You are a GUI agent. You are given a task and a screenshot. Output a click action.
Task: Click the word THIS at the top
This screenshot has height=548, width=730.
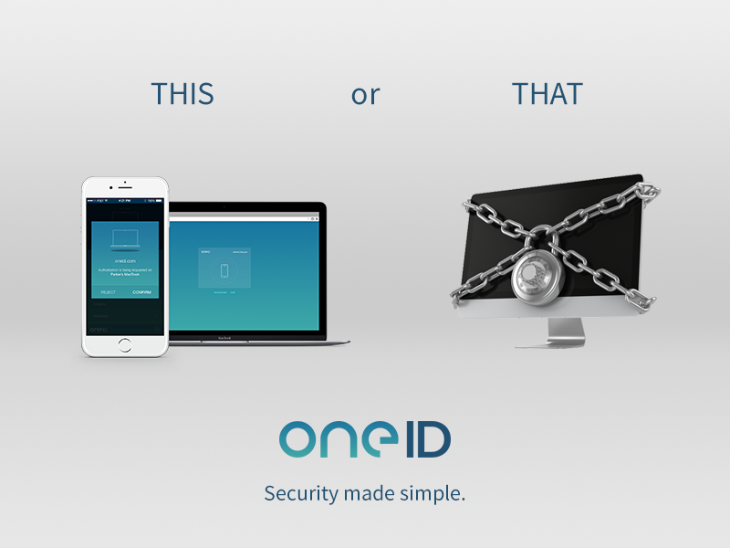(x=182, y=94)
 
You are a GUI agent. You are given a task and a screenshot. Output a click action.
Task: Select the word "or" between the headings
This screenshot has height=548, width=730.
(x=365, y=95)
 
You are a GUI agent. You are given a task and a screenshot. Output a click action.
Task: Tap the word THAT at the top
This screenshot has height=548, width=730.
(x=547, y=94)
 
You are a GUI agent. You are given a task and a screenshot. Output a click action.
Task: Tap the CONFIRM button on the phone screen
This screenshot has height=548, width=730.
(x=142, y=291)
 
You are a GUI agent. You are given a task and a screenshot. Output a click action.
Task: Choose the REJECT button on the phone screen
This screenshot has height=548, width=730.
(x=108, y=291)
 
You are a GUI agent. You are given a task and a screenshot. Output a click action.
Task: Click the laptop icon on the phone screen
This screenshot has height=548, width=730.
(x=125, y=241)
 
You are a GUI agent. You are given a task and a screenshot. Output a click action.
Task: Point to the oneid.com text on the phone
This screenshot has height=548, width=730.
(x=125, y=260)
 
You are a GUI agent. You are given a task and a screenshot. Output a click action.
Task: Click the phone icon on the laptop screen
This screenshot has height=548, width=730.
(x=224, y=270)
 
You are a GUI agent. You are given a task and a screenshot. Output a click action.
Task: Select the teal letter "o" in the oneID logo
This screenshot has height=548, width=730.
(x=298, y=442)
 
